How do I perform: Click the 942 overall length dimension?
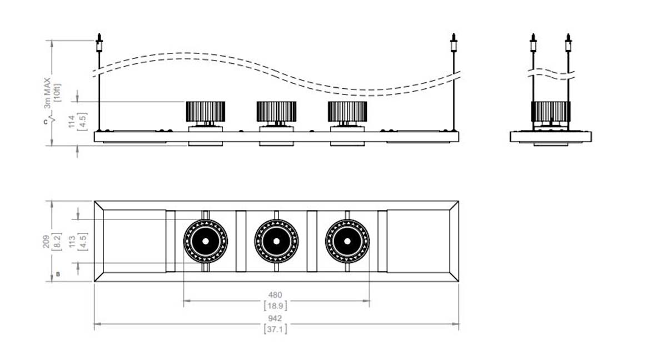tap(275, 318)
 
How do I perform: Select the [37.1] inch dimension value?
tap(275, 329)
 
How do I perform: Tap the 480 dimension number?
tap(275, 295)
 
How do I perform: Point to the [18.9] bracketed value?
tap(275, 306)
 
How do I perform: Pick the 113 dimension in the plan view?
tap(71, 240)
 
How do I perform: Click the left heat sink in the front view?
tap(205, 112)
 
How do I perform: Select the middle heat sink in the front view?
tap(276, 112)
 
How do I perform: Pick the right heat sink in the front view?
tap(347, 112)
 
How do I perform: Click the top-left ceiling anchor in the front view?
tap(99, 43)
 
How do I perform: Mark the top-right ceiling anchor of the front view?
tap(454, 43)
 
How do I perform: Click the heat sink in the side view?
tap(551, 111)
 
